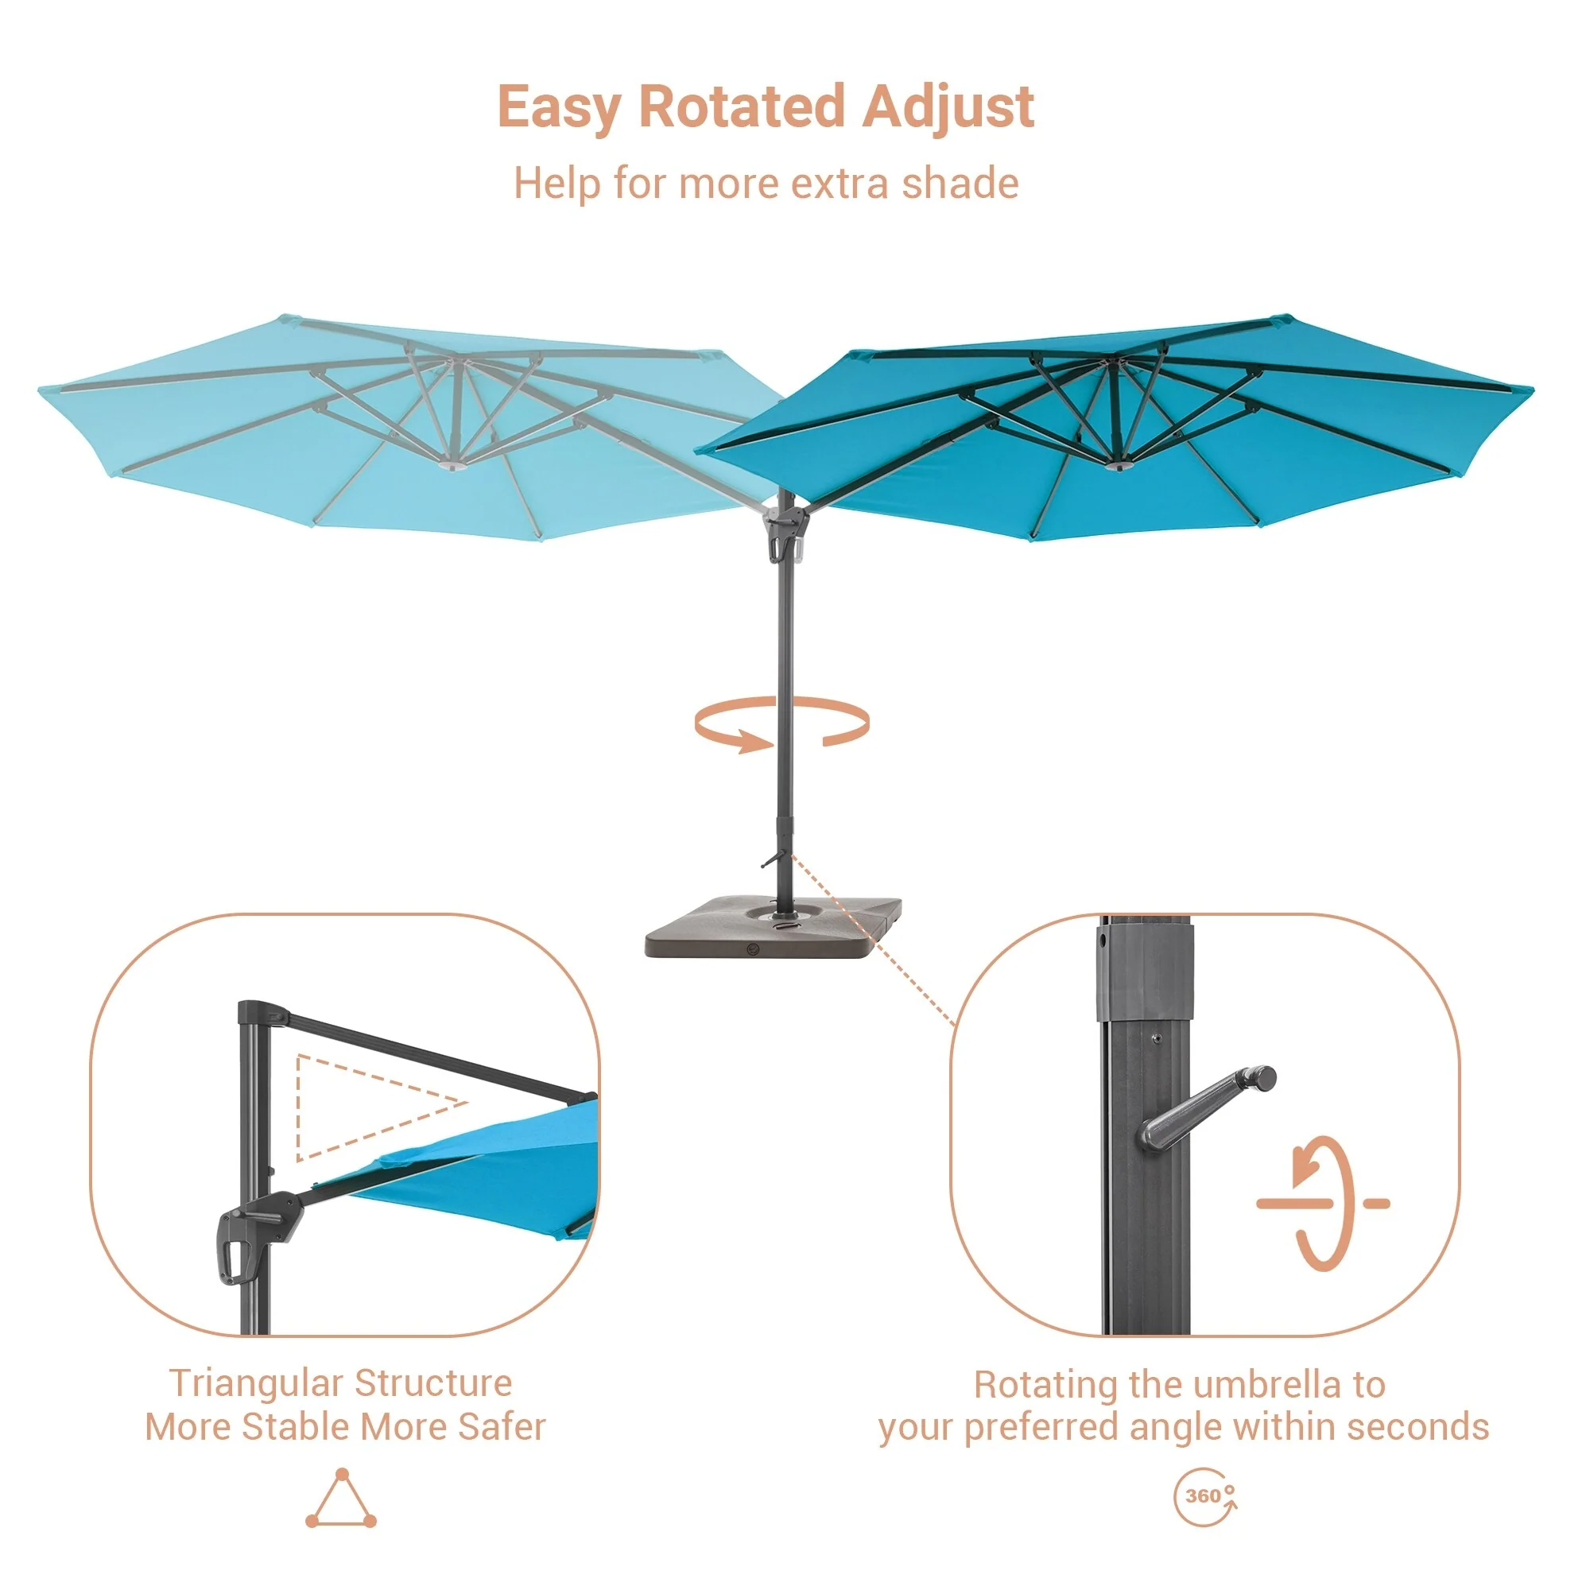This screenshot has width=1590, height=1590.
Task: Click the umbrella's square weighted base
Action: [773, 928]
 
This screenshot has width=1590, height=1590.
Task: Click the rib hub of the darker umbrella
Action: [1118, 466]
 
